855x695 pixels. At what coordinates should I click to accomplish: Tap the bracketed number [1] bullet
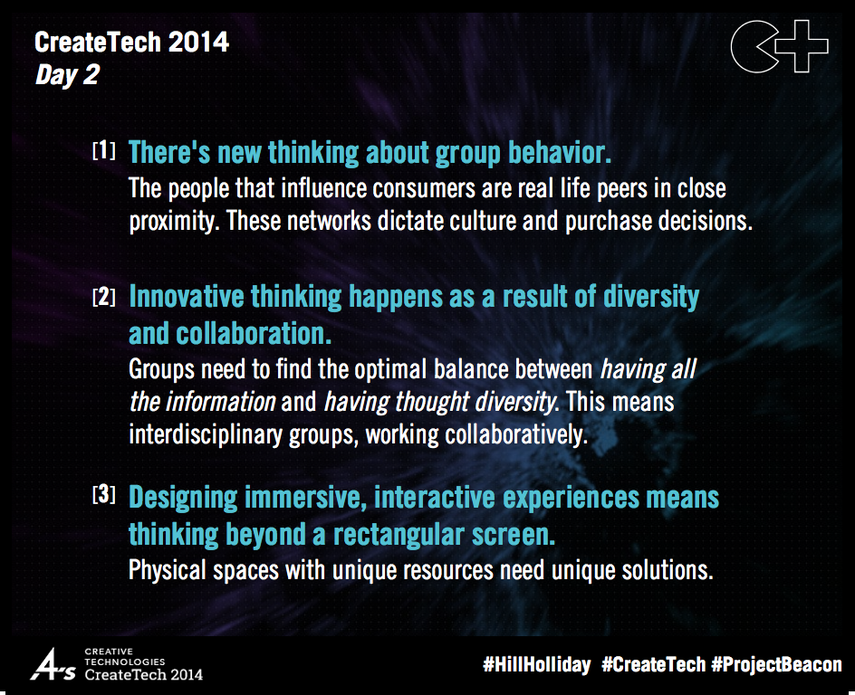pos(104,151)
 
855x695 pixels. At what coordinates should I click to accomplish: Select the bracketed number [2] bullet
pos(104,297)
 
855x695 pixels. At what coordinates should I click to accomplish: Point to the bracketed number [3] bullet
pos(104,495)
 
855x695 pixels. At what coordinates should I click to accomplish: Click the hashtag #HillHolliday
pos(536,664)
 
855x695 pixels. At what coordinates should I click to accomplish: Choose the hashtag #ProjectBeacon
pos(776,664)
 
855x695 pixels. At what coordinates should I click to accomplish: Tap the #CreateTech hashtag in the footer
pos(653,664)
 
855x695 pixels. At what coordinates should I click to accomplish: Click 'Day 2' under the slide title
pos(66,75)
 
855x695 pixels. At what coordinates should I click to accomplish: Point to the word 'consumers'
pos(481,189)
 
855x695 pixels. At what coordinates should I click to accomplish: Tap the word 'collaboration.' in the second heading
pos(229,333)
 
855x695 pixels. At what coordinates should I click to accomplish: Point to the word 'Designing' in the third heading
pos(189,497)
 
